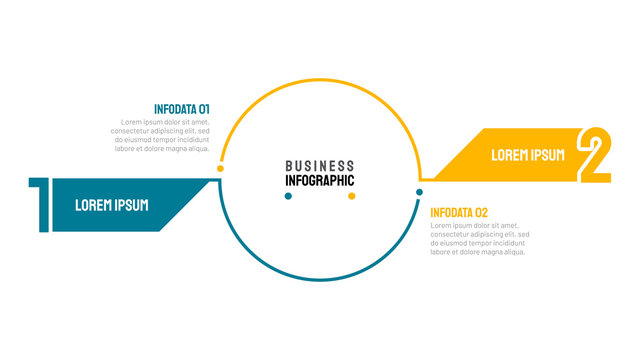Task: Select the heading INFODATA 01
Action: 181,109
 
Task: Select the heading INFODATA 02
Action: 459,212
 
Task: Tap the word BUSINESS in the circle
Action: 319,166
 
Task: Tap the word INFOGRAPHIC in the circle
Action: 319,181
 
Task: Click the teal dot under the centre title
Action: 288,196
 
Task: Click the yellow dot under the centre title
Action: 351,196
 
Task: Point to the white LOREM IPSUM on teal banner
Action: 112,205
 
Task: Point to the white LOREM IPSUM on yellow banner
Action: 527,155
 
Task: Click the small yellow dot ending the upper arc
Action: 220,169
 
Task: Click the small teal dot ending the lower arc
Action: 419,191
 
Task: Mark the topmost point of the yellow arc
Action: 319,81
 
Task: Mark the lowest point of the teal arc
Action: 319,279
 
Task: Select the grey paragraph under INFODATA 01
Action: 160,135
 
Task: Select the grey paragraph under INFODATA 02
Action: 479,238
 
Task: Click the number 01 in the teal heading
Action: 203,109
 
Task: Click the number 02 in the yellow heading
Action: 481,212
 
